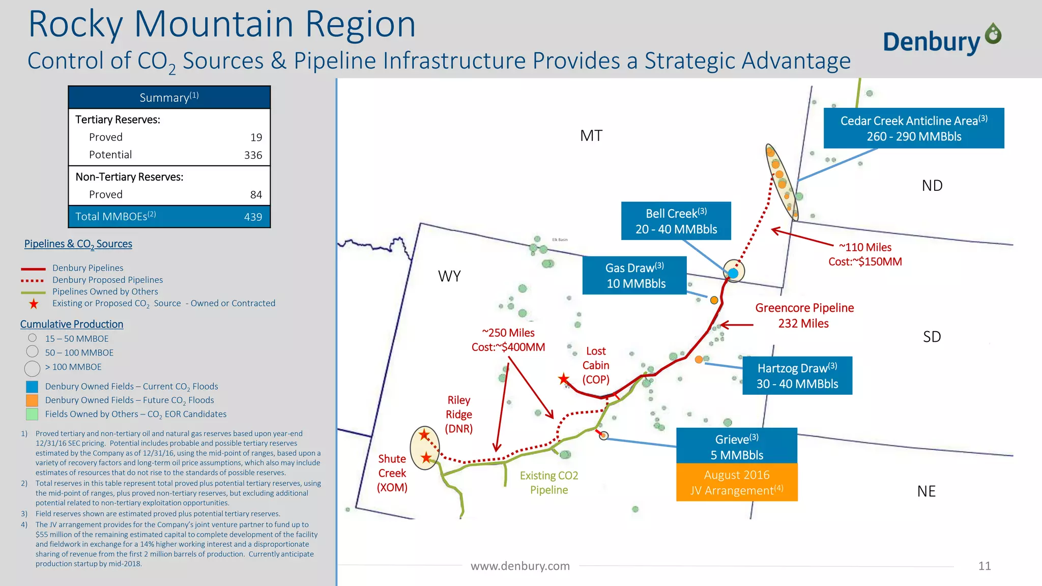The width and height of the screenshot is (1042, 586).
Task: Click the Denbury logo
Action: click(942, 40)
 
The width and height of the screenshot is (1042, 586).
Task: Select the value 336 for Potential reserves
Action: click(253, 155)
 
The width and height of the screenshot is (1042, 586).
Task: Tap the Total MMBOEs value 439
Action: click(253, 217)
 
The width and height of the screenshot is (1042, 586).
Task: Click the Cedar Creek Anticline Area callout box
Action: click(914, 128)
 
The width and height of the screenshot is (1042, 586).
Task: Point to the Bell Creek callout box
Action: click(676, 221)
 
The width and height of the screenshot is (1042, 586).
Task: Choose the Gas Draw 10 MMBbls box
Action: click(634, 276)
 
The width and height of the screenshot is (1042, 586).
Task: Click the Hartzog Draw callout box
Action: click(797, 375)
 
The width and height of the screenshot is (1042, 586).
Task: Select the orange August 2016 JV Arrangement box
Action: click(736, 482)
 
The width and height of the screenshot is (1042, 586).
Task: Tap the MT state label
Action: click(591, 136)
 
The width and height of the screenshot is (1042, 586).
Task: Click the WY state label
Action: click(449, 276)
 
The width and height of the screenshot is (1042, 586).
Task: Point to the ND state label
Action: click(932, 186)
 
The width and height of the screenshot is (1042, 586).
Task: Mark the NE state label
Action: click(926, 491)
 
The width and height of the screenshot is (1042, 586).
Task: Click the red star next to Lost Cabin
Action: click(564, 379)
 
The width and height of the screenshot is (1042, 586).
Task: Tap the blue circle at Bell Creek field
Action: click(733, 273)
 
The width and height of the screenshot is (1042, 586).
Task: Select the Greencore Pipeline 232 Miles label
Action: click(804, 315)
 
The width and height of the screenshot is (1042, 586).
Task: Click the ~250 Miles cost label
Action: click(508, 340)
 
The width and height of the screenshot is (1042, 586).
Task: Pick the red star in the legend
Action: click(34, 304)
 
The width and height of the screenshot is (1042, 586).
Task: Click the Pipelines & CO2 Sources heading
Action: click(78, 244)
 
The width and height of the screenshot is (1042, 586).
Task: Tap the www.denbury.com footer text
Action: click(520, 566)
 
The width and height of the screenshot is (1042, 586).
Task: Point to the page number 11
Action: click(985, 566)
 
